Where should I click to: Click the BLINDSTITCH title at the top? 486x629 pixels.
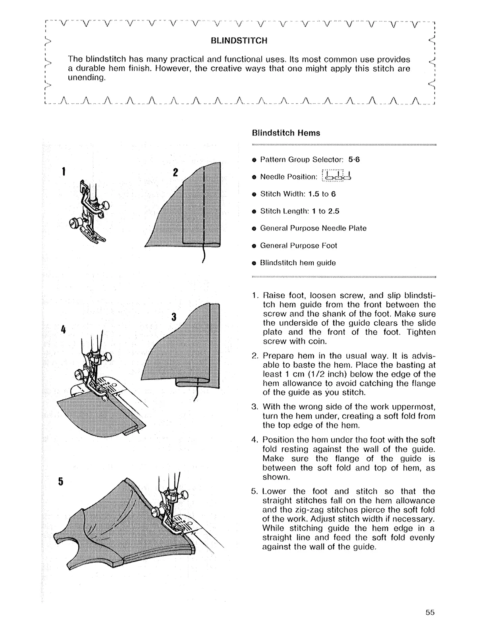pos(239,41)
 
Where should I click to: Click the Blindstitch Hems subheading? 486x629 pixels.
pos(286,133)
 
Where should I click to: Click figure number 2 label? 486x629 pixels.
pos(175,173)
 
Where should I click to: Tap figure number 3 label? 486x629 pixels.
pos(174,317)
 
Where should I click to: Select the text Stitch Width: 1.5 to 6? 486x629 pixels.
pos(298,194)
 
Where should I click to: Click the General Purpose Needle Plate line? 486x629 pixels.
pos(313,228)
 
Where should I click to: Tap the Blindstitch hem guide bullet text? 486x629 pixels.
pos(298,263)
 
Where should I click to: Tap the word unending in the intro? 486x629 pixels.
pos(86,78)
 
